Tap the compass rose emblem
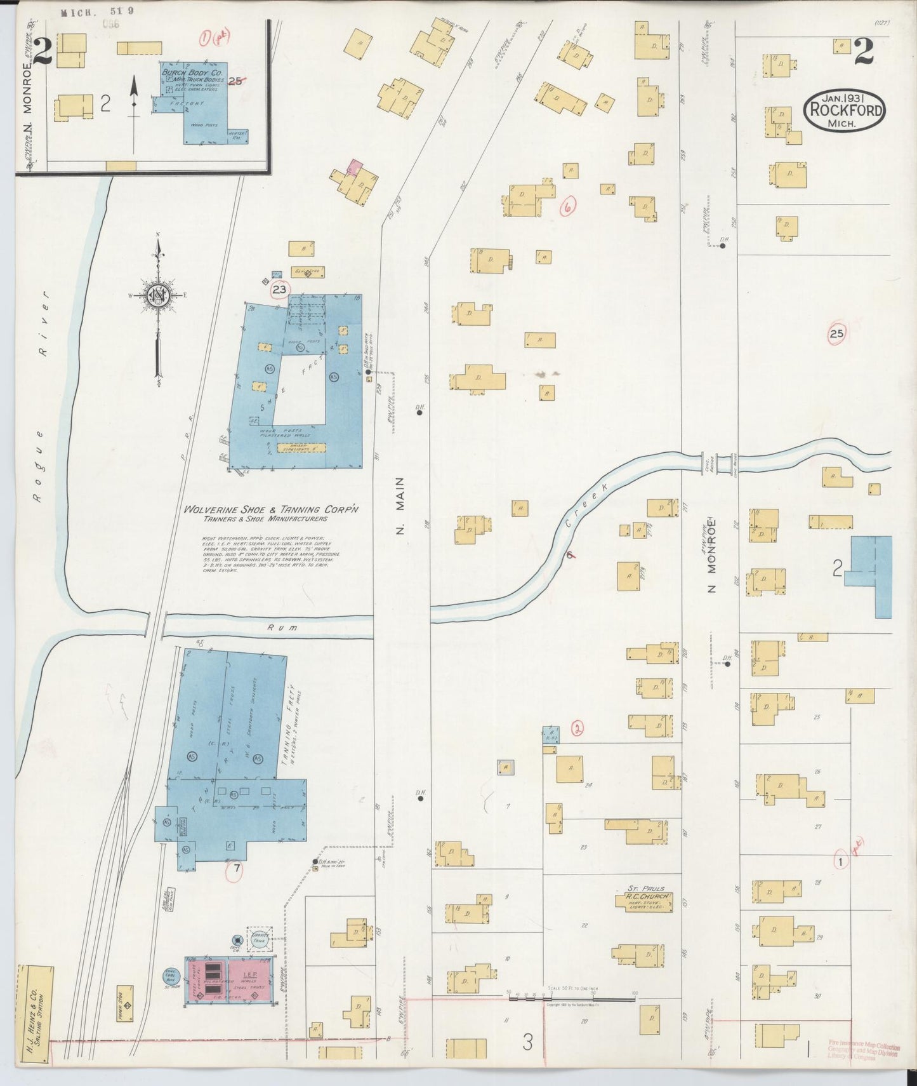tap(157, 296)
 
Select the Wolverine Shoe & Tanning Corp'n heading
tap(272, 510)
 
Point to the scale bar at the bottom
tap(571, 1000)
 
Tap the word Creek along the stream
tap(586, 506)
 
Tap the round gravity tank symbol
tap(259, 941)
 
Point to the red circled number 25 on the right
tap(836, 333)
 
